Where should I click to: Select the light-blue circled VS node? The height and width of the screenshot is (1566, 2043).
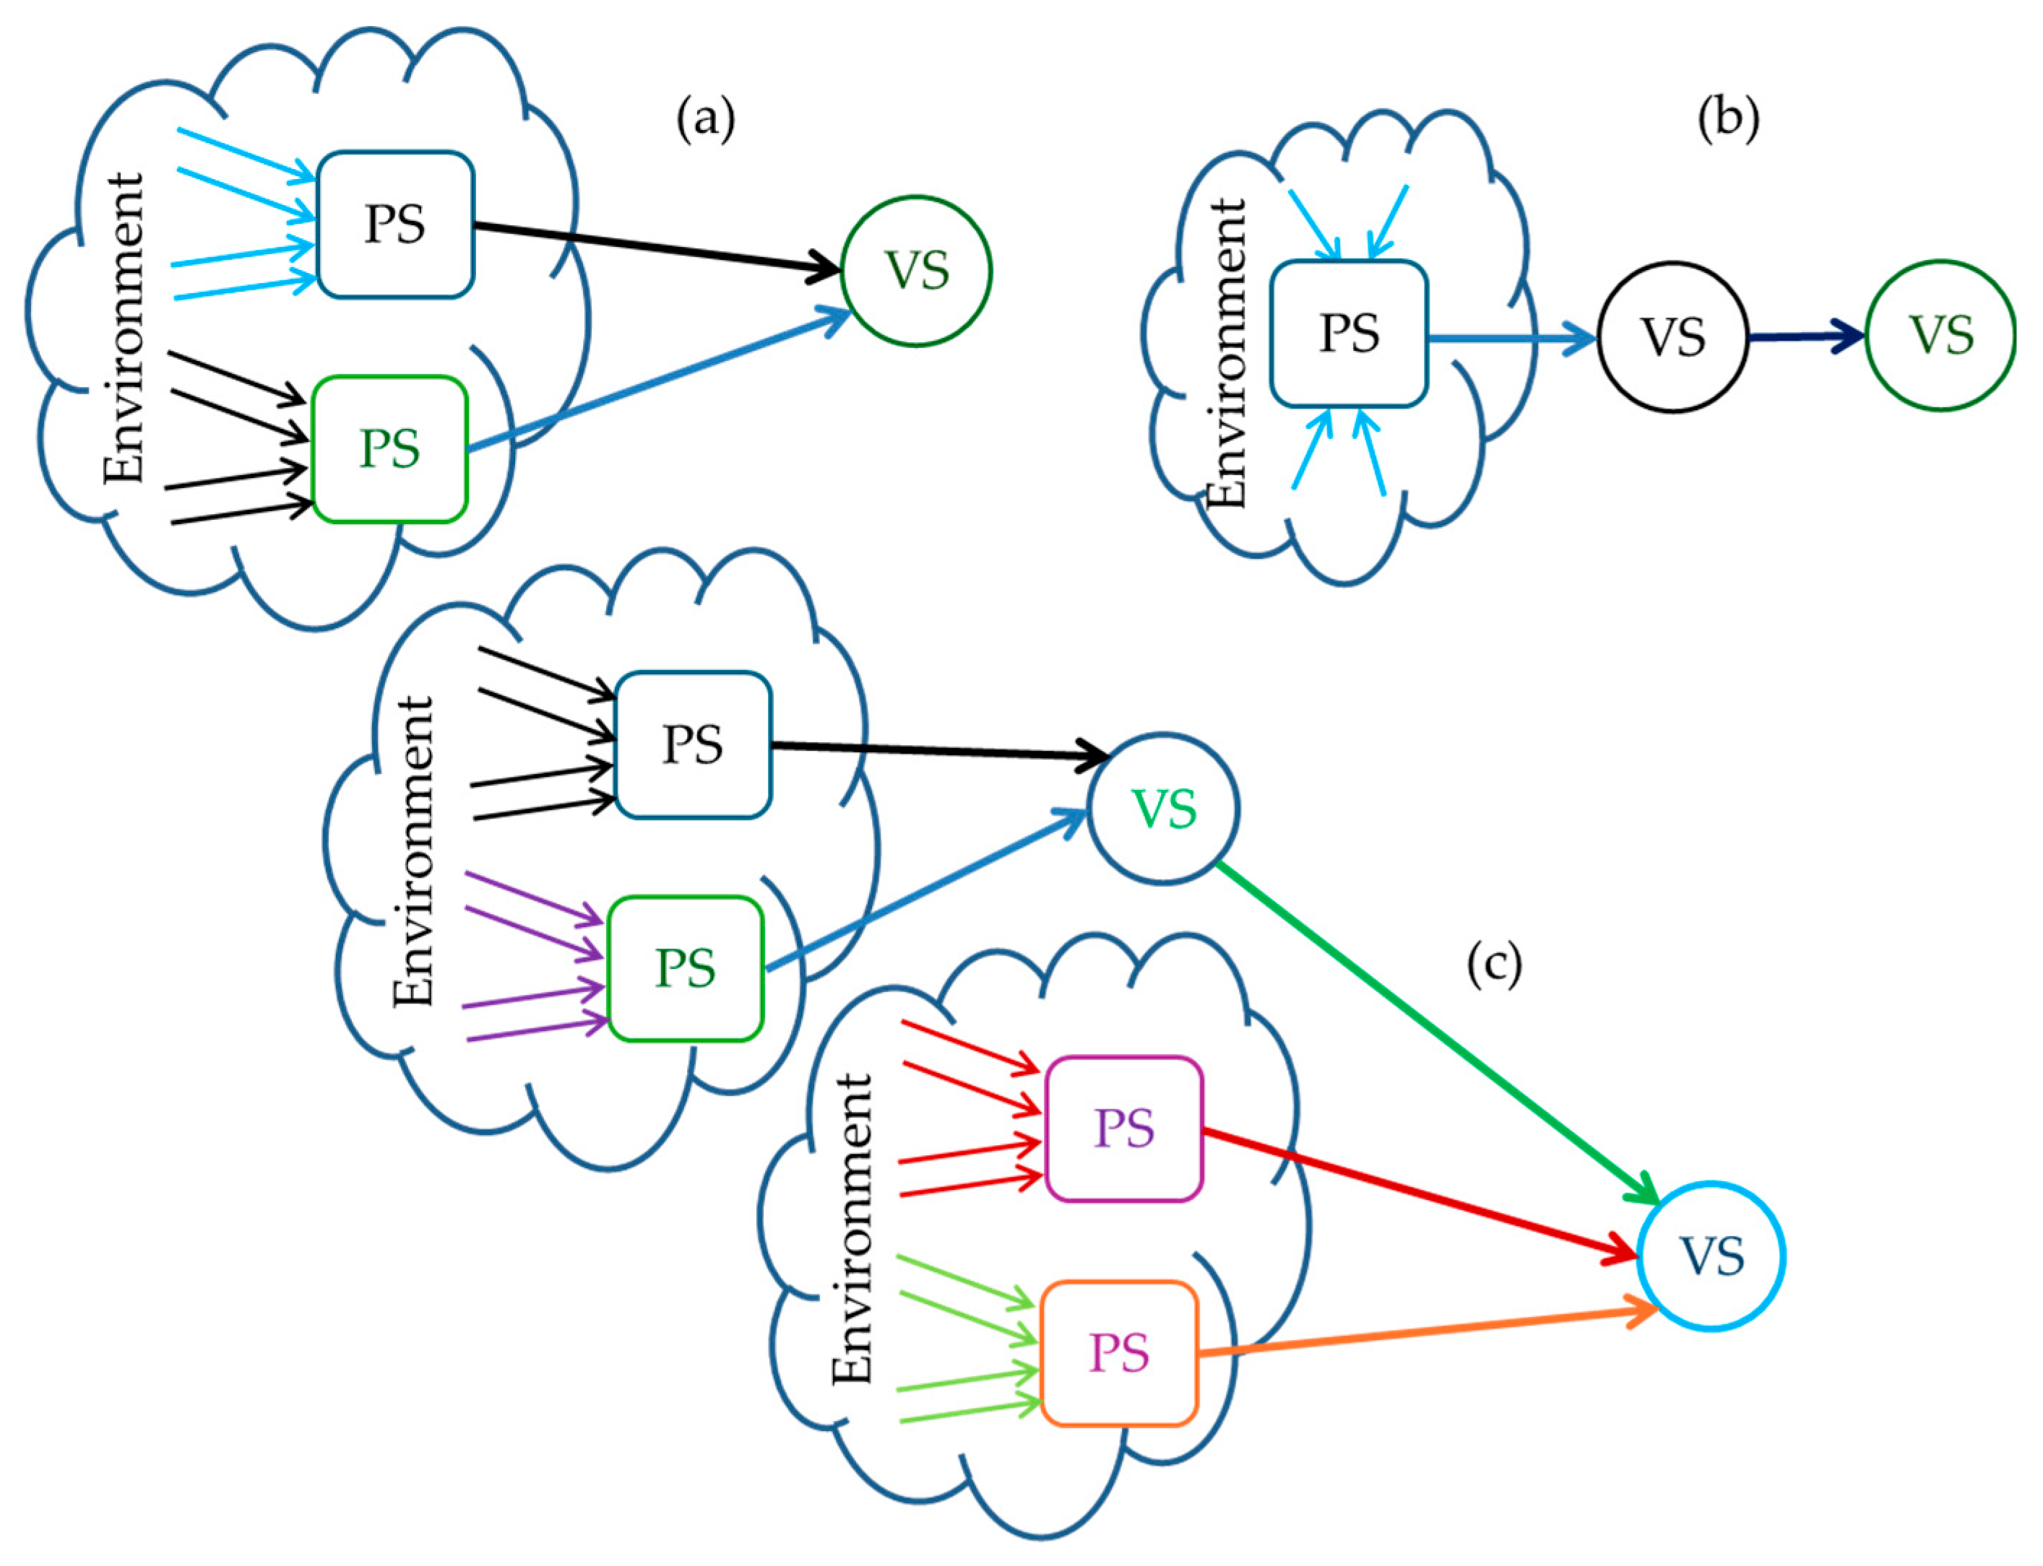coord(1711,1256)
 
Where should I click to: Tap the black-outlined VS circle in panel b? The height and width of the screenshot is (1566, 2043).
coord(1673,336)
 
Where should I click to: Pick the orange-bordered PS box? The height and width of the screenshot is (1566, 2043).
coord(1119,1354)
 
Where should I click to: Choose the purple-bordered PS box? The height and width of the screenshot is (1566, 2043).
coord(1123,1128)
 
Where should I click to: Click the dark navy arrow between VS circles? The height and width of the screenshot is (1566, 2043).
coord(1805,336)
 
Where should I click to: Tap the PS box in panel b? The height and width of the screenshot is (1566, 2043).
coord(1348,334)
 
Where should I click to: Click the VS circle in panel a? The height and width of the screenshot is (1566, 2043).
coord(916,271)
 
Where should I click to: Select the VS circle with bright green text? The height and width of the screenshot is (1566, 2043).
coord(1164,808)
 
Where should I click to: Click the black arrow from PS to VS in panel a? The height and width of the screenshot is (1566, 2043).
coord(653,247)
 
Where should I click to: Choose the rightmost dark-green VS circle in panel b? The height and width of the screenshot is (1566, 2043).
coord(1940,334)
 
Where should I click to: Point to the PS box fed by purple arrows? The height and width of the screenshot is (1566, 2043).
coord(686,967)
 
